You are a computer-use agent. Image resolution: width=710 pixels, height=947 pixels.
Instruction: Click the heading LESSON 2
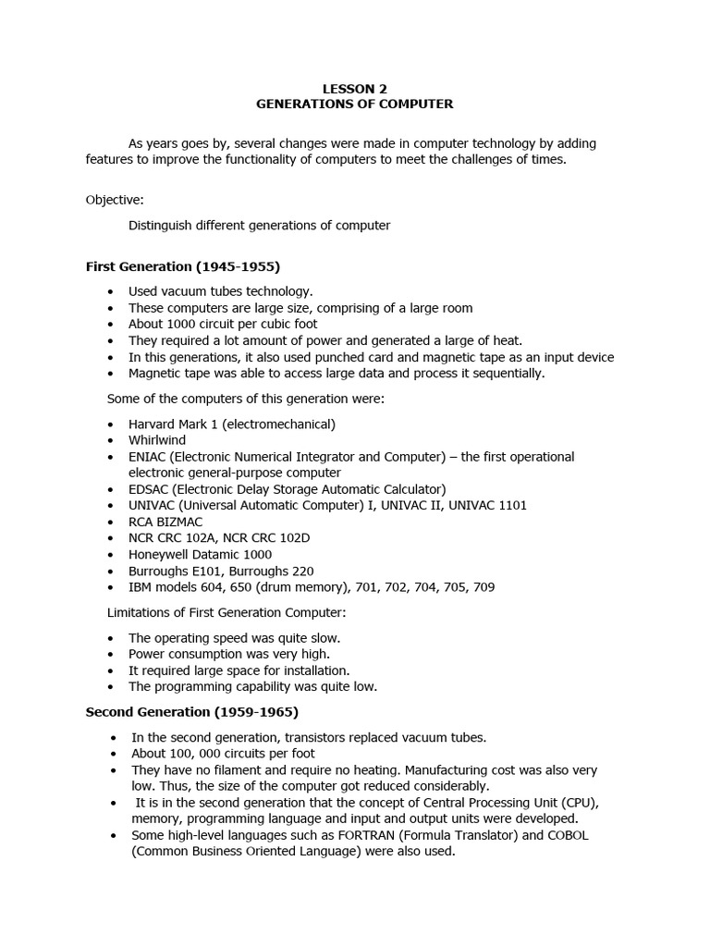(355, 89)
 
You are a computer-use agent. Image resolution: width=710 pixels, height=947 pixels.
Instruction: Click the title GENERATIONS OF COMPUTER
(355, 105)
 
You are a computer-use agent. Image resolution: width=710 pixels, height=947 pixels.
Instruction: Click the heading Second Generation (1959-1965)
(191, 712)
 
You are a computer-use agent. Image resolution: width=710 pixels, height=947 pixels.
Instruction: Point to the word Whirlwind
(157, 440)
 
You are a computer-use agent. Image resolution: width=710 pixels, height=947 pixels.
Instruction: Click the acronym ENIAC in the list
(147, 457)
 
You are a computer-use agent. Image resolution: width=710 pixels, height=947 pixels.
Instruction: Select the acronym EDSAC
(148, 488)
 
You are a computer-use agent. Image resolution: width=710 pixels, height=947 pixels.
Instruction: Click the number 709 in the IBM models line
(484, 588)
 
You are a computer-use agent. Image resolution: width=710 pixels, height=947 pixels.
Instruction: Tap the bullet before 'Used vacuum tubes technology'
(110, 291)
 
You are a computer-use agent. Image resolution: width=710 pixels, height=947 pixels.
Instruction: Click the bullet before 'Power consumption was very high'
(110, 654)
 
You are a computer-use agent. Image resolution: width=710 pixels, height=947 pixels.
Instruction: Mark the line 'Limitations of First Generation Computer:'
(227, 613)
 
